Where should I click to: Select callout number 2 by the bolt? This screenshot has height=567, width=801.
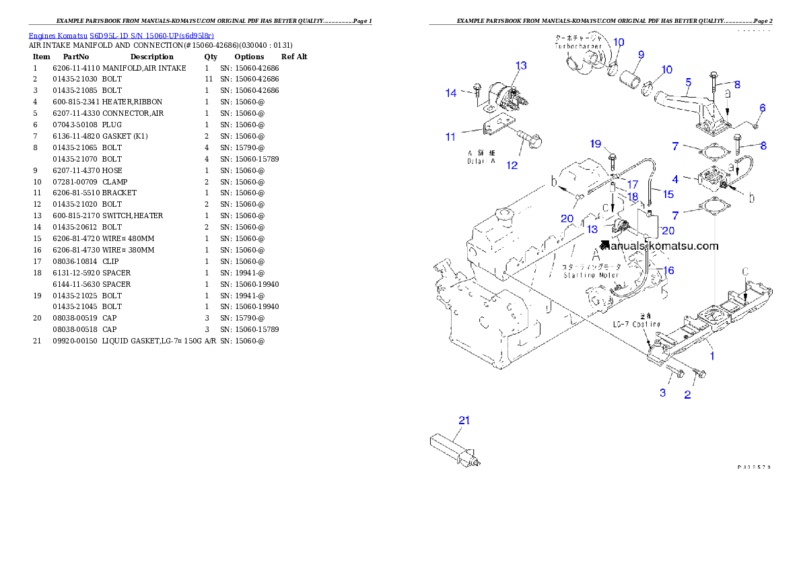click(x=687, y=395)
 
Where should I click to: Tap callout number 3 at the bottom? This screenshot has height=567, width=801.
click(x=662, y=393)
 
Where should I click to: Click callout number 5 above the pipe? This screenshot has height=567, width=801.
click(x=688, y=82)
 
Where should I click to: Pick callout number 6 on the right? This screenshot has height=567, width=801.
click(x=763, y=108)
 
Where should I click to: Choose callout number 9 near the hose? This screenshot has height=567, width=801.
click(x=641, y=55)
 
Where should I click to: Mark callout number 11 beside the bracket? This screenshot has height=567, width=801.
click(x=451, y=137)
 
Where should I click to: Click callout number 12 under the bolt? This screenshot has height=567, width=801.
click(x=512, y=164)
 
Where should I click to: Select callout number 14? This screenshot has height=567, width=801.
click(x=451, y=92)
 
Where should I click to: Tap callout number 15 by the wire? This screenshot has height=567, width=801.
click(x=668, y=194)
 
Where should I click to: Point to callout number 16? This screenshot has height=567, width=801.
click(x=668, y=270)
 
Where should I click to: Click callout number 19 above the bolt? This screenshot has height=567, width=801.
click(x=595, y=143)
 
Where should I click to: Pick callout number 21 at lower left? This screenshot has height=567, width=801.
click(x=464, y=420)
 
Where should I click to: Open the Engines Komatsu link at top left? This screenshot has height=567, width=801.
click(x=121, y=36)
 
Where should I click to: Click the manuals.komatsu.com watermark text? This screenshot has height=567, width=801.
click(x=662, y=246)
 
